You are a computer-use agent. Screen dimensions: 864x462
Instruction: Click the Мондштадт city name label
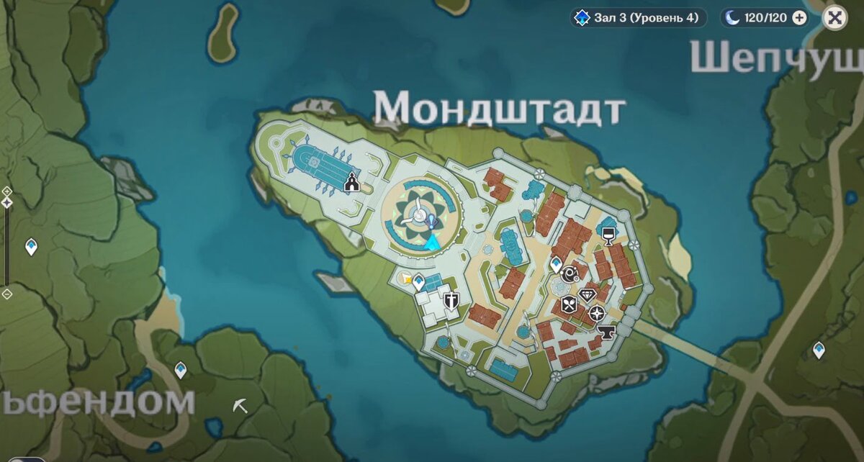498,109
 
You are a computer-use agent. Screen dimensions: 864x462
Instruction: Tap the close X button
834,18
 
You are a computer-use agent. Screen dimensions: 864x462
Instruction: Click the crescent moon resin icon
734,18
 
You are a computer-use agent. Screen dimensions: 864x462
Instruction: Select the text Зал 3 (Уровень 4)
646,18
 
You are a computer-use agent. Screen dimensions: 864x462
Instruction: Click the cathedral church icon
351,182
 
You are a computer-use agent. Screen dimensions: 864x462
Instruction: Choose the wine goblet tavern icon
608,235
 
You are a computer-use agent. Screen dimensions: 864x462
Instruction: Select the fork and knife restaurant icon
569,304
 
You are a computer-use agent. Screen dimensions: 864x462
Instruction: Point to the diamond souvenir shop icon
588,295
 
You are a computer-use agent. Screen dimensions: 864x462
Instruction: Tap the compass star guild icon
597,313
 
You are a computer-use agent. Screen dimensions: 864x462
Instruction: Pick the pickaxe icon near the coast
240,406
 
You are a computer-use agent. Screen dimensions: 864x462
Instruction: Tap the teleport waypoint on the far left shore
31,247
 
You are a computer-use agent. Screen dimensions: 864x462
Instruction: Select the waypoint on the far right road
819,350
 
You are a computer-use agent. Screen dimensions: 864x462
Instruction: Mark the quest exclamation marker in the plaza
431,221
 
